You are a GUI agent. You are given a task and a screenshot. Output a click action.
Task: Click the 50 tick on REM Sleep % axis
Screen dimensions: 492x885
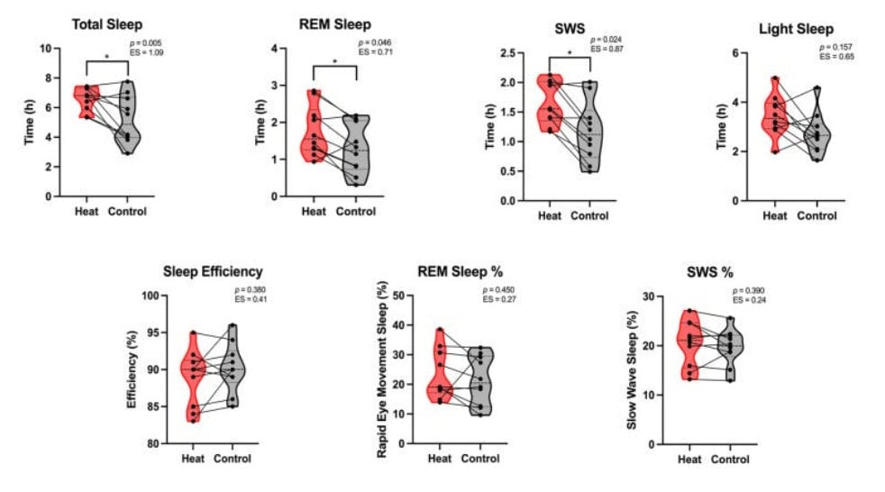coord(407,296)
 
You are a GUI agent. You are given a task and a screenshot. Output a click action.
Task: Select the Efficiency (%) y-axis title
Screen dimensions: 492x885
coord(132,369)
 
